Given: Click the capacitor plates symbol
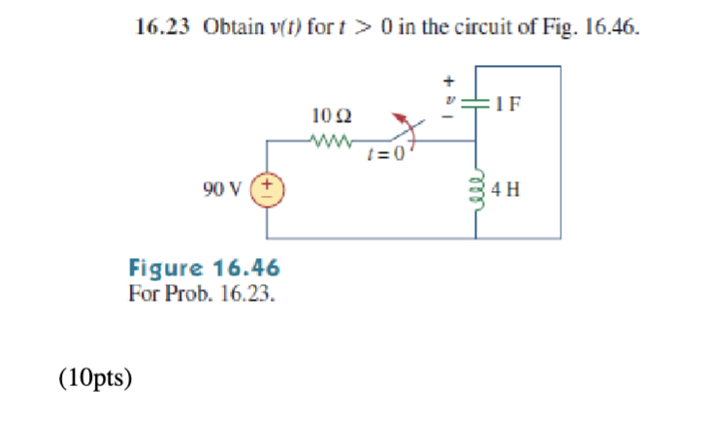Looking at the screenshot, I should click(476, 103).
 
